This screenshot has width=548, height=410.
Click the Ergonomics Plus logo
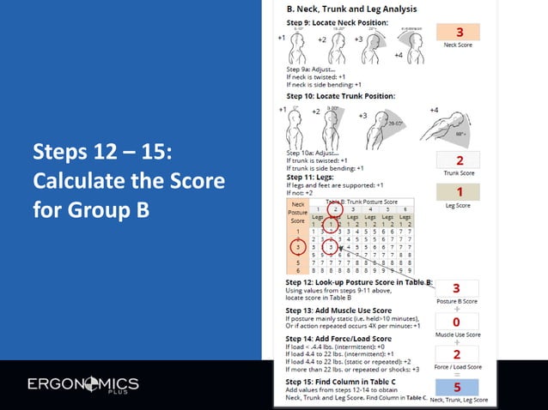82,383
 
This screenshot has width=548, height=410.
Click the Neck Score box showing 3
460,32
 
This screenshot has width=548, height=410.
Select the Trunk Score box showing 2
460,160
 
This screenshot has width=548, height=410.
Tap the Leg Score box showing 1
460,192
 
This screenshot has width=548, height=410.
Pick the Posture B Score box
457,288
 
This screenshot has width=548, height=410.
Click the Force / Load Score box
457,353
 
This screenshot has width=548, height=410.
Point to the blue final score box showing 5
457,387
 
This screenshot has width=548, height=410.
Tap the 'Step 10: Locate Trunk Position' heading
341,95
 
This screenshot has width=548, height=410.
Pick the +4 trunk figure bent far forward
441,129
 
